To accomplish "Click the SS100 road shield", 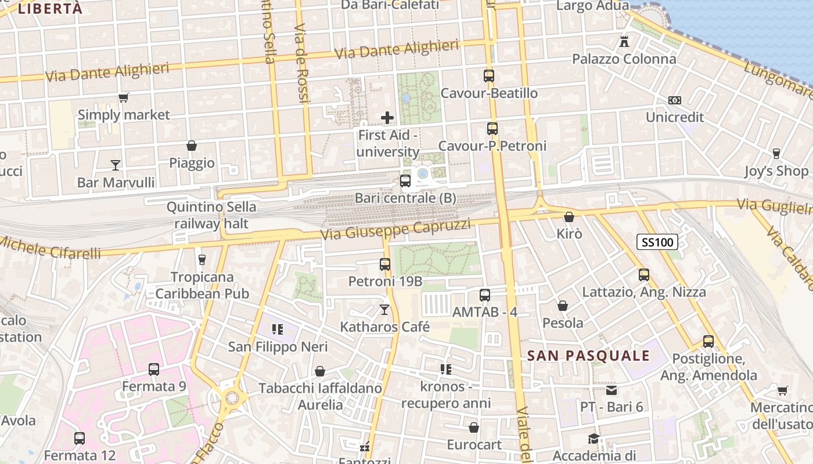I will click(658, 242).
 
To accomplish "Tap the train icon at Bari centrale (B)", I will click(405, 181).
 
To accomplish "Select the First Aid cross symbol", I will click(387, 118).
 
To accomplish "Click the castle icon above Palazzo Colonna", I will click(624, 42).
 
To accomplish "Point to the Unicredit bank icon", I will click(674, 100).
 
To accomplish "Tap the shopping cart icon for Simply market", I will click(123, 97).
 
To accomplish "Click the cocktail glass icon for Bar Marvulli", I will click(116, 165).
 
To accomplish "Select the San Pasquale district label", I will click(588, 356).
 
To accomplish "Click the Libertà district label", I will click(50, 8).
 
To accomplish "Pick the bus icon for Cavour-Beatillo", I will click(489, 76).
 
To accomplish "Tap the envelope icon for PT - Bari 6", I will click(611, 390).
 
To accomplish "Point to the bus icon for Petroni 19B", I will click(384, 264).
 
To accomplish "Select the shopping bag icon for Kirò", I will click(569, 217).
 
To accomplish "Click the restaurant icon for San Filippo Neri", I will click(278, 330).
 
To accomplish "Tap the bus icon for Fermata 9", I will click(154, 369).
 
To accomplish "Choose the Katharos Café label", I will click(384, 327).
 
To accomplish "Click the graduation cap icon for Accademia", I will click(593, 438).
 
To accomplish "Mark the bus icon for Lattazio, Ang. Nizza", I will click(643, 275).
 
